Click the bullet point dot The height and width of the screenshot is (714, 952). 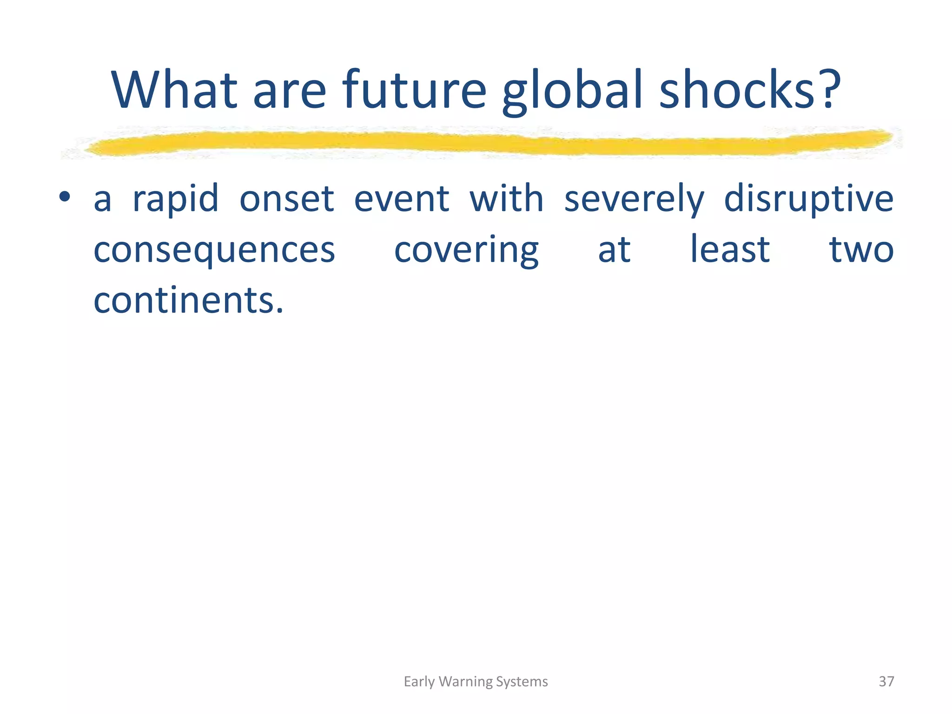(65, 197)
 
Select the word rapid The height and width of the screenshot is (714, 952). (175, 199)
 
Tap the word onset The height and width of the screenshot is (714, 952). (286, 199)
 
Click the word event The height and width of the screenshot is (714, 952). (402, 199)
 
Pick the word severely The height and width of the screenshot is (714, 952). (634, 199)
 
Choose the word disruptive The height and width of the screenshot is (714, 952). (808, 199)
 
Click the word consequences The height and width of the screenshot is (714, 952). (214, 250)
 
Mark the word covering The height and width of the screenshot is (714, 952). (466, 250)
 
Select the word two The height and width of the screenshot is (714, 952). (861, 250)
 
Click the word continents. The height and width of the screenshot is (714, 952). (188, 300)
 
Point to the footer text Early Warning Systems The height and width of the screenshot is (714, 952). (476, 681)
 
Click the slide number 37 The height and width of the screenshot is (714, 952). (886, 681)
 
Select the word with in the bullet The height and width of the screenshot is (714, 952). (506, 199)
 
